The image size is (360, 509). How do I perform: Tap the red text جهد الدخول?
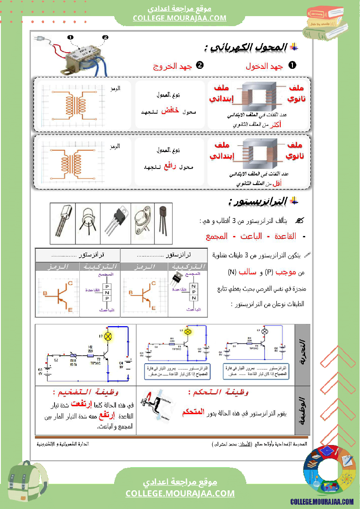[264, 66]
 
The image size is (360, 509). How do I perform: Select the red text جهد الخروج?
[172, 66]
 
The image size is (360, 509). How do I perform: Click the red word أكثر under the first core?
[274, 125]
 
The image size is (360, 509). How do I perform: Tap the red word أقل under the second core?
[276, 184]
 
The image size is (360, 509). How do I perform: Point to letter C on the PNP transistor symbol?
[71, 283]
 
